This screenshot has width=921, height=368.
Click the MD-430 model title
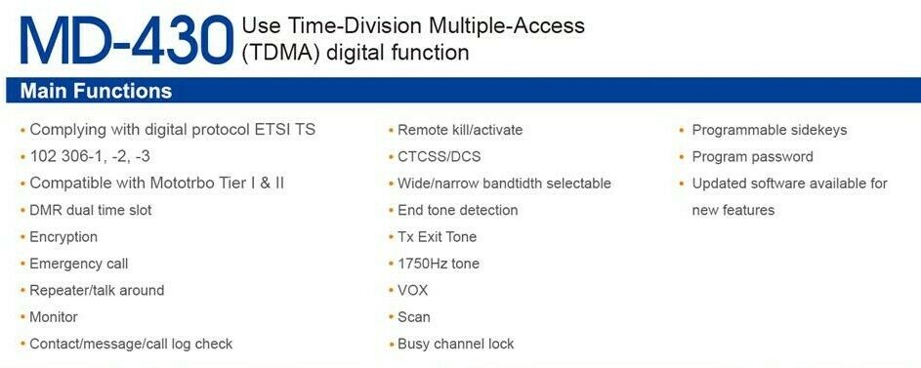pyautogui.click(x=127, y=39)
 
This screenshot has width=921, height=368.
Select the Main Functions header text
pyautogui.click(x=96, y=91)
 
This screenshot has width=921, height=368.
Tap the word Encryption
pyautogui.click(x=63, y=237)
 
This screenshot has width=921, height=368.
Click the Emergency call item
pyautogui.click(x=79, y=265)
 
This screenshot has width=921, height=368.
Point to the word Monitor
pyautogui.click(x=54, y=317)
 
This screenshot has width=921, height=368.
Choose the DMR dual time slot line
pyautogui.click(x=91, y=210)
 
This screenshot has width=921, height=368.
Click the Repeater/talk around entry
pyautogui.click(x=97, y=291)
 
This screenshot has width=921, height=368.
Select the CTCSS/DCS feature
pyautogui.click(x=439, y=157)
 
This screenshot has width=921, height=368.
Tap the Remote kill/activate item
pyautogui.click(x=460, y=130)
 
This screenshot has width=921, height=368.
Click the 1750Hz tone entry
pyautogui.click(x=439, y=265)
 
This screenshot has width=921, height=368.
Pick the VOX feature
pyautogui.click(x=413, y=291)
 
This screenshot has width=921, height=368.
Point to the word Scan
pyautogui.click(x=414, y=317)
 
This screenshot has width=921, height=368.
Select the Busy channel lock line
pyautogui.click(x=456, y=344)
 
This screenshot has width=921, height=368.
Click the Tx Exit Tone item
pyautogui.click(x=437, y=237)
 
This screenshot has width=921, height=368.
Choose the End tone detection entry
pyautogui.click(x=457, y=210)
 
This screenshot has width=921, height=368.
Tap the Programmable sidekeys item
pyautogui.click(x=770, y=130)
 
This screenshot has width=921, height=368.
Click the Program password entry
pyautogui.click(x=752, y=157)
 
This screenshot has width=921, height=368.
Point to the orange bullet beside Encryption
pyautogui.click(x=22, y=238)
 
